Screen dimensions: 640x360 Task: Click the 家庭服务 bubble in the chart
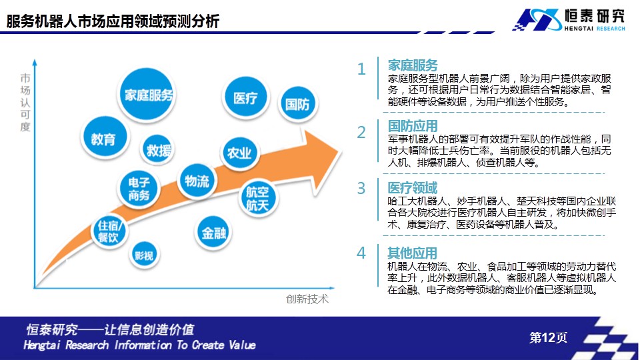pos(147,95)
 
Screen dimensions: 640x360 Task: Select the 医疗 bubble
pos(246,97)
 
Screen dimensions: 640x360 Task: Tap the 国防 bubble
pos(297,104)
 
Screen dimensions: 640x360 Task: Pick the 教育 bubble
pos(104,138)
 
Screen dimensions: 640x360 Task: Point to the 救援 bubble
pos(157,150)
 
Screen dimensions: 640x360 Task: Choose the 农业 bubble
pos(239,153)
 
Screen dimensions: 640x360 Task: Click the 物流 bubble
pos(197,181)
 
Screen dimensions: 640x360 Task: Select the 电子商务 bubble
pos(139,189)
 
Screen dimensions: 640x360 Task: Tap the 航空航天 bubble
pos(257,198)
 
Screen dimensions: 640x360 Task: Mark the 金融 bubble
pos(213,233)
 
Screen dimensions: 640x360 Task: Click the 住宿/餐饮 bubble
pos(109,231)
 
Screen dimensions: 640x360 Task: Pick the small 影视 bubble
pos(144,255)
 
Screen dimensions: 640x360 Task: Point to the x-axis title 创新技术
pos(307,299)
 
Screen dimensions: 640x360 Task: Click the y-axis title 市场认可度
pos(25,103)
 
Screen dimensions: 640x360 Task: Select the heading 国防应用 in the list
pos(413,126)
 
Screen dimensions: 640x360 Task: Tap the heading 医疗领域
pos(412,188)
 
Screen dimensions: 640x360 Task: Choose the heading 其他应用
pos(412,253)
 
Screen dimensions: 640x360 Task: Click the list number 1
pos(361,69)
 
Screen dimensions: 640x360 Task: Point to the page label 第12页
pos(548,337)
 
